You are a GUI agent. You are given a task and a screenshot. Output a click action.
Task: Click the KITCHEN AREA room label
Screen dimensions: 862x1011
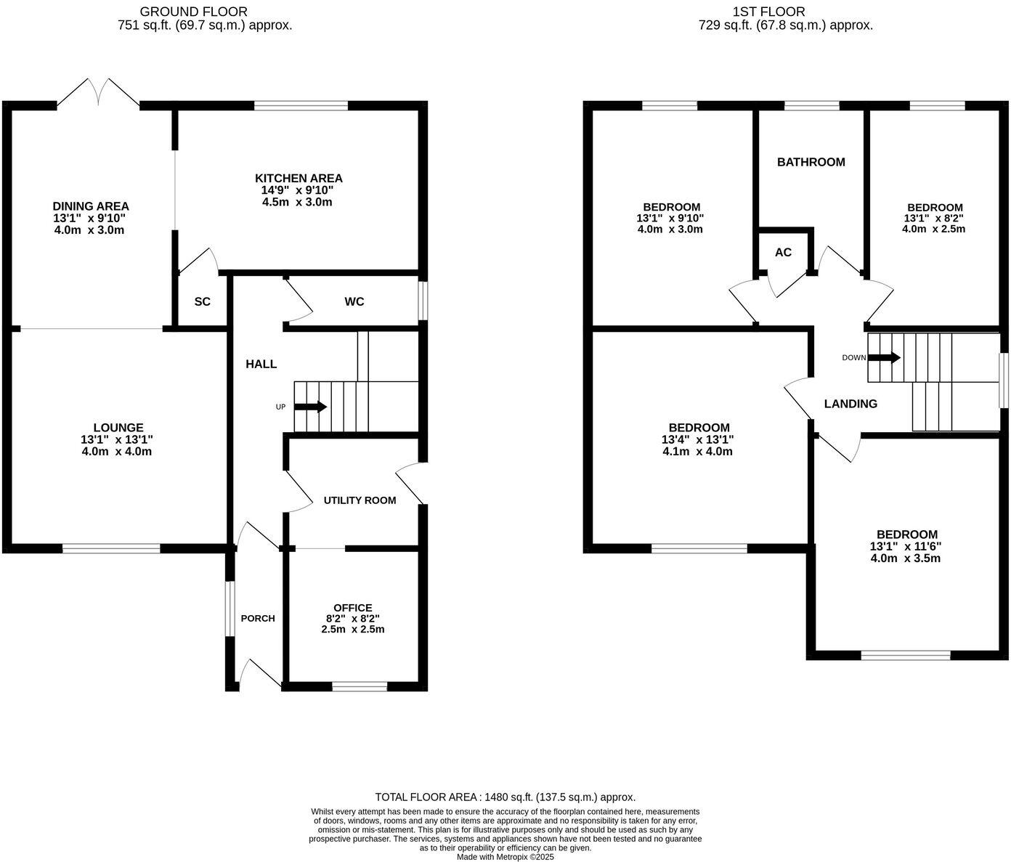(x=298, y=178)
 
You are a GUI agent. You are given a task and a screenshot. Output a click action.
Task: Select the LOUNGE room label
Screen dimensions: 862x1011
(x=118, y=428)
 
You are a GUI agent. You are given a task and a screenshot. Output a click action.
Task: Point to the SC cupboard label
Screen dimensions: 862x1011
(x=202, y=301)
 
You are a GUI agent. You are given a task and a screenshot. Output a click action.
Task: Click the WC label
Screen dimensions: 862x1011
(x=354, y=301)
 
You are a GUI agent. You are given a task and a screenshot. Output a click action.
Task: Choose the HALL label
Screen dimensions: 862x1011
(x=261, y=364)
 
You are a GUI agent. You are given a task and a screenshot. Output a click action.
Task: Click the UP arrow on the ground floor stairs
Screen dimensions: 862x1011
(x=310, y=407)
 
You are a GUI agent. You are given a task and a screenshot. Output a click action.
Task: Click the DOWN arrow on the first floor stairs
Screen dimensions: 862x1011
(x=884, y=357)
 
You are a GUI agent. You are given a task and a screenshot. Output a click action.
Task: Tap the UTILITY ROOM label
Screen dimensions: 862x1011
(x=360, y=500)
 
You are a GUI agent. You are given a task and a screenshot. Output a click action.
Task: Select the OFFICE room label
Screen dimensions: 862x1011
(x=352, y=608)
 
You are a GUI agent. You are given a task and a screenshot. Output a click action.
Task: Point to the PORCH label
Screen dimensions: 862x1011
(x=258, y=619)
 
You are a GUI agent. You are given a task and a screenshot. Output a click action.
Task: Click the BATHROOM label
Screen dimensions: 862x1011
(x=811, y=162)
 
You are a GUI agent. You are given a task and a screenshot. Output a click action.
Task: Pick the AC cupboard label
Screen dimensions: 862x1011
(x=783, y=253)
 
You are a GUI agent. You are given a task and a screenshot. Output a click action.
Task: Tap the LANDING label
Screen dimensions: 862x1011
(x=850, y=404)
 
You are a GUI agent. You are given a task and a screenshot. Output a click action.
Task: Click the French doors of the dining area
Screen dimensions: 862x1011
(x=99, y=93)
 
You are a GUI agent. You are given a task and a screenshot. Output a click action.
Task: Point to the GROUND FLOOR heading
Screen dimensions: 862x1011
(x=193, y=12)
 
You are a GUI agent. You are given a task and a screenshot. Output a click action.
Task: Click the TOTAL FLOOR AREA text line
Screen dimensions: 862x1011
(x=505, y=797)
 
